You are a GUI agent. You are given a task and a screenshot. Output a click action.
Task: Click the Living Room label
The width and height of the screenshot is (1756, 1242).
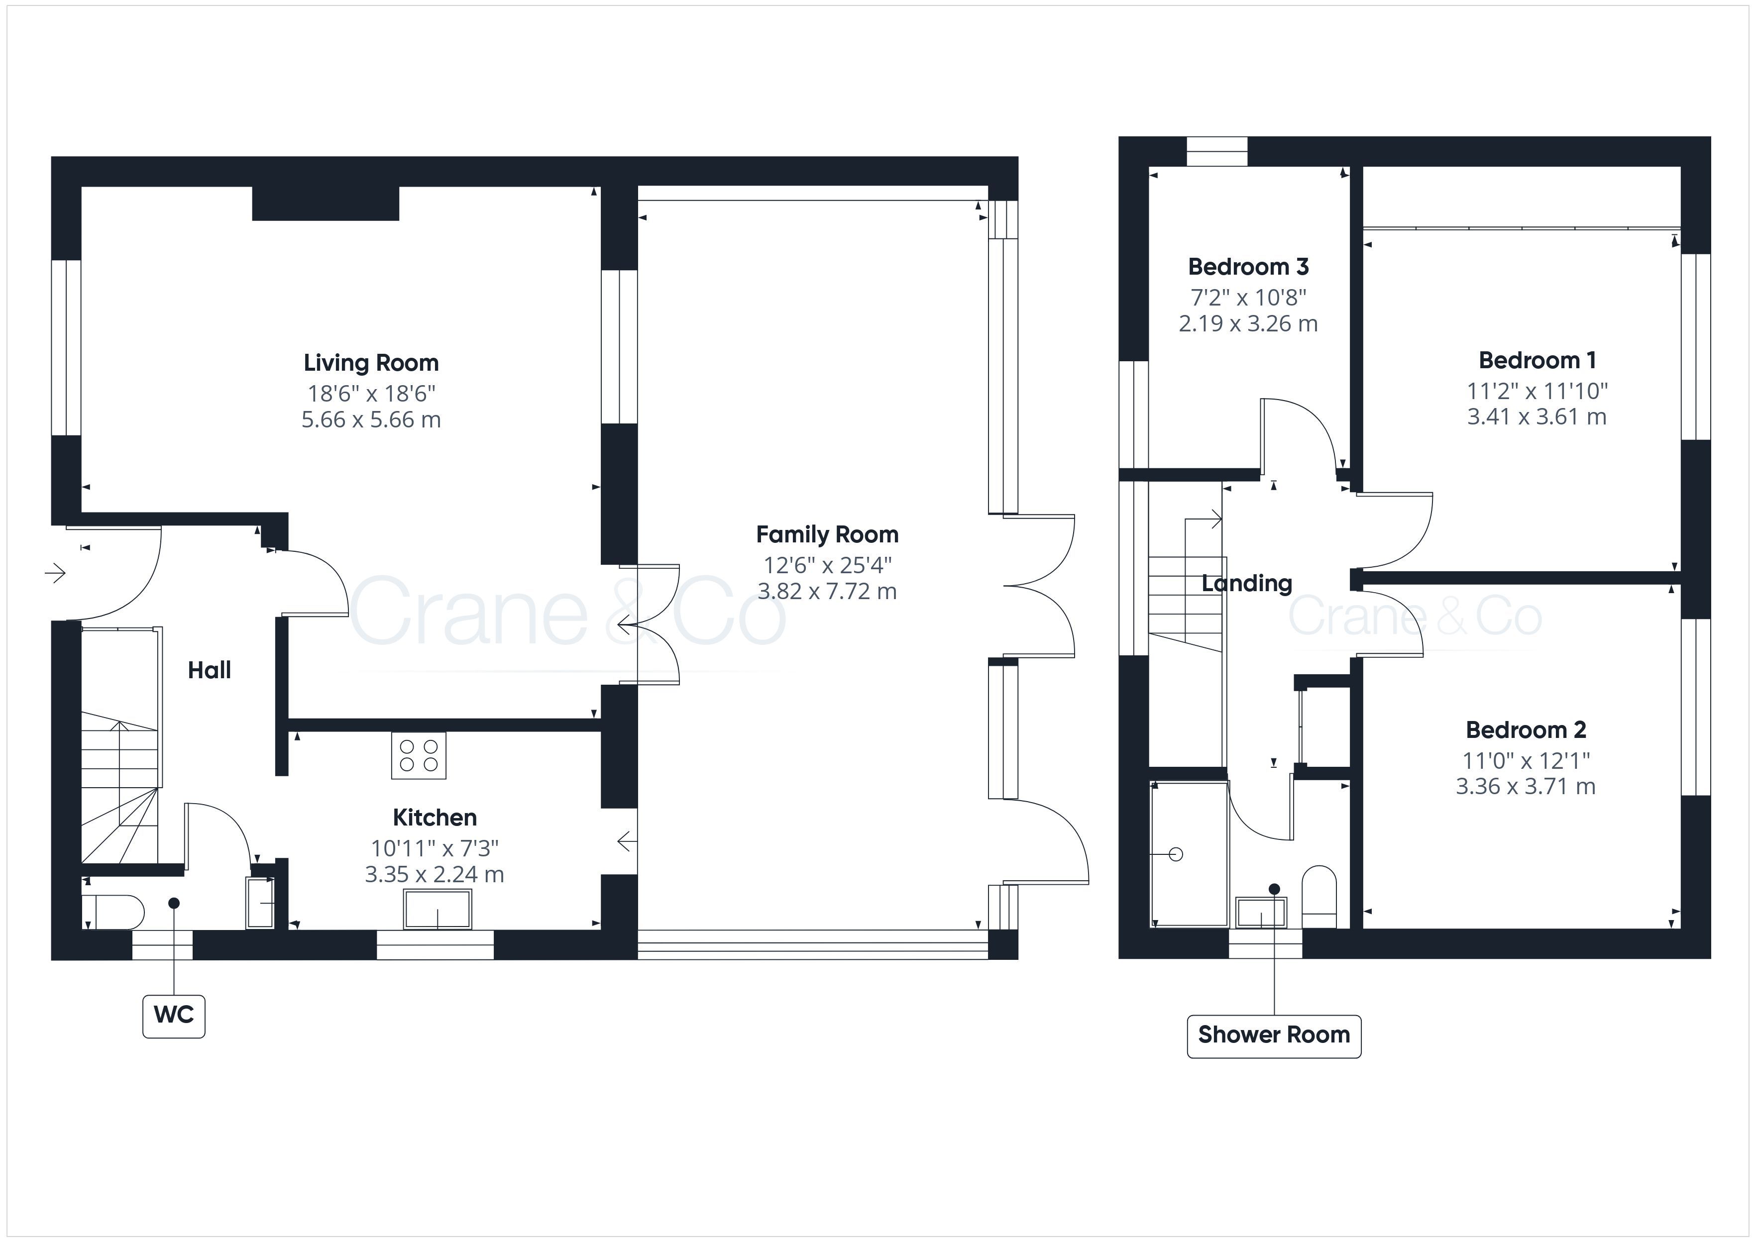tap(371, 363)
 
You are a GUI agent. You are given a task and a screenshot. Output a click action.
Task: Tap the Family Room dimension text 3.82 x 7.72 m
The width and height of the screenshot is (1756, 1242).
tap(827, 591)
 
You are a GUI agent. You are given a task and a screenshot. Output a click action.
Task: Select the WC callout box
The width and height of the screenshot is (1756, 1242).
tap(174, 1015)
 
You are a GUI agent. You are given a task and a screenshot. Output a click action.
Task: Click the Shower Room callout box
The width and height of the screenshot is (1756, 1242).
tap(1273, 1035)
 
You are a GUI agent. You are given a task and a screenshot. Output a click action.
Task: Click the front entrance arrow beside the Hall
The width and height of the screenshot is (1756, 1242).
tap(55, 572)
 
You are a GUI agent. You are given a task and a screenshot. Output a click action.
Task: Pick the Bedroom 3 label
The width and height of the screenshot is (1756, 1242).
tap(1248, 267)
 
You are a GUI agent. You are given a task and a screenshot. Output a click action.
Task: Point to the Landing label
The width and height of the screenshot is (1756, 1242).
tap(1247, 584)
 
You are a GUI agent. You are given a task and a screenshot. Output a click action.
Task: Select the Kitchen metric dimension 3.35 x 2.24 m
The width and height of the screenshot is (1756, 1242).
tap(435, 874)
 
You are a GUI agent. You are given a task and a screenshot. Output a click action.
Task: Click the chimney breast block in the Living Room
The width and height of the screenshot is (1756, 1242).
tap(326, 204)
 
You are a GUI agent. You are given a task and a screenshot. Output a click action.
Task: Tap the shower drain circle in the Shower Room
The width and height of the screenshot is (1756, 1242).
tap(1176, 854)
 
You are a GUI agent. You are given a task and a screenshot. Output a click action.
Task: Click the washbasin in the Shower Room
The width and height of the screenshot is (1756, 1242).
tap(1262, 913)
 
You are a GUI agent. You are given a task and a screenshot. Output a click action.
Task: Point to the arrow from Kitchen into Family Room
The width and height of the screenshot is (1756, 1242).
tap(627, 842)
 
